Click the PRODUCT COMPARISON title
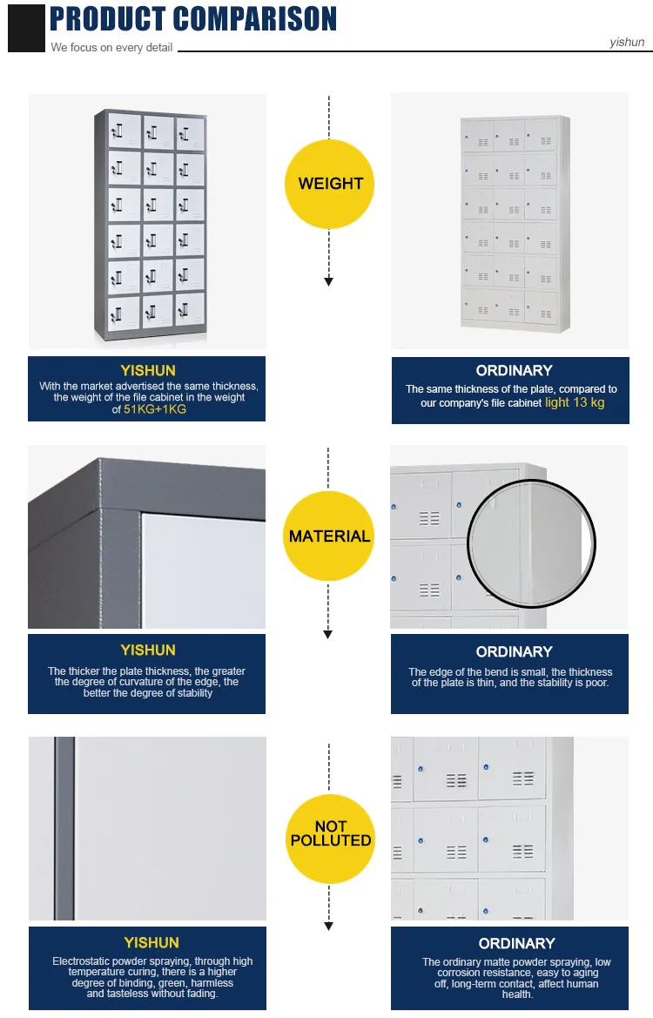tap(193, 19)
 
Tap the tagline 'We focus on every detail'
tap(111, 48)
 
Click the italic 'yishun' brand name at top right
tap(627, 42)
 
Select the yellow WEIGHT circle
tap(330, 184)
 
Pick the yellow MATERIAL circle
tap(329, 536)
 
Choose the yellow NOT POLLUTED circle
tap(330, 833)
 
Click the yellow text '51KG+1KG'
tap(155, 408)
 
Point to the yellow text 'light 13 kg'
tap(575, 402)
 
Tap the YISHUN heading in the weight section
tap(148, 370)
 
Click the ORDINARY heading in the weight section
tap(514, 370)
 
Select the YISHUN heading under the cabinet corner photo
tap(148, 650)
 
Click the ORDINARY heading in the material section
tap(514, 651)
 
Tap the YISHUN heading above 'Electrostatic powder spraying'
tap(151, 942)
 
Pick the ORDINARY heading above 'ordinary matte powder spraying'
tap(516, 943)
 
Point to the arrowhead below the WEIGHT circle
tap(328, 281)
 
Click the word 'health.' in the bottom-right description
tap(516, 994)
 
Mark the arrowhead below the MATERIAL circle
tap(328, 635)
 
